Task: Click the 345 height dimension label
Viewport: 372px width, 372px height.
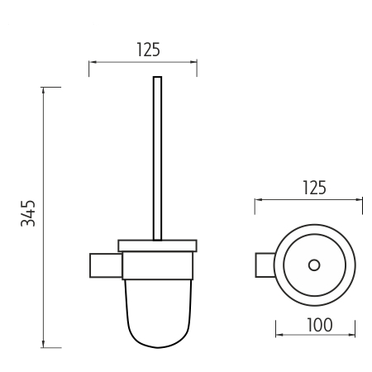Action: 28,213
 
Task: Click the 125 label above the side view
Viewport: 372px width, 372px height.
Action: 149,50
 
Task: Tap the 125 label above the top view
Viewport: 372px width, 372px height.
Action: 314,188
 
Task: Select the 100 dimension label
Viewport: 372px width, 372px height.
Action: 320,325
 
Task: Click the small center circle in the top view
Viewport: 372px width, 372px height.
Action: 314,265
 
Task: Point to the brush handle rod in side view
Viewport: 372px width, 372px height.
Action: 157,159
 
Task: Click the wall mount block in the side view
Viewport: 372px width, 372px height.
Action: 106,265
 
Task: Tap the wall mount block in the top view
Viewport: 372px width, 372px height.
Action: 265,265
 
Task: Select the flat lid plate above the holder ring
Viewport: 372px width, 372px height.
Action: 157,246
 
